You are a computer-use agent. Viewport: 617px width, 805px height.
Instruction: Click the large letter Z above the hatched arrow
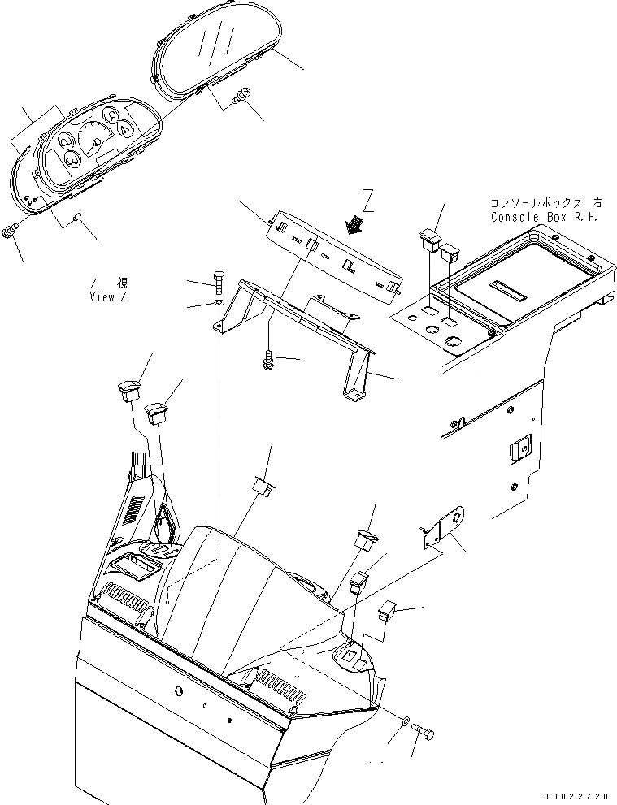point(368,200)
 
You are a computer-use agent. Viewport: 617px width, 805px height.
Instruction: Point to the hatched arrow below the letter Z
point(354,222)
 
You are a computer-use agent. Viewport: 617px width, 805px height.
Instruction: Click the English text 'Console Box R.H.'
point(544,218)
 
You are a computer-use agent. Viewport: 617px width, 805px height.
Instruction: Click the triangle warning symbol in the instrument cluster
point(124,128)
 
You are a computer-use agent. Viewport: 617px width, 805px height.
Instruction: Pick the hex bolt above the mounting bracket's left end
point(218,281)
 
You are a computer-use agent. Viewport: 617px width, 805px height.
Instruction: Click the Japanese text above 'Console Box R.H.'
point(543,203)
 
